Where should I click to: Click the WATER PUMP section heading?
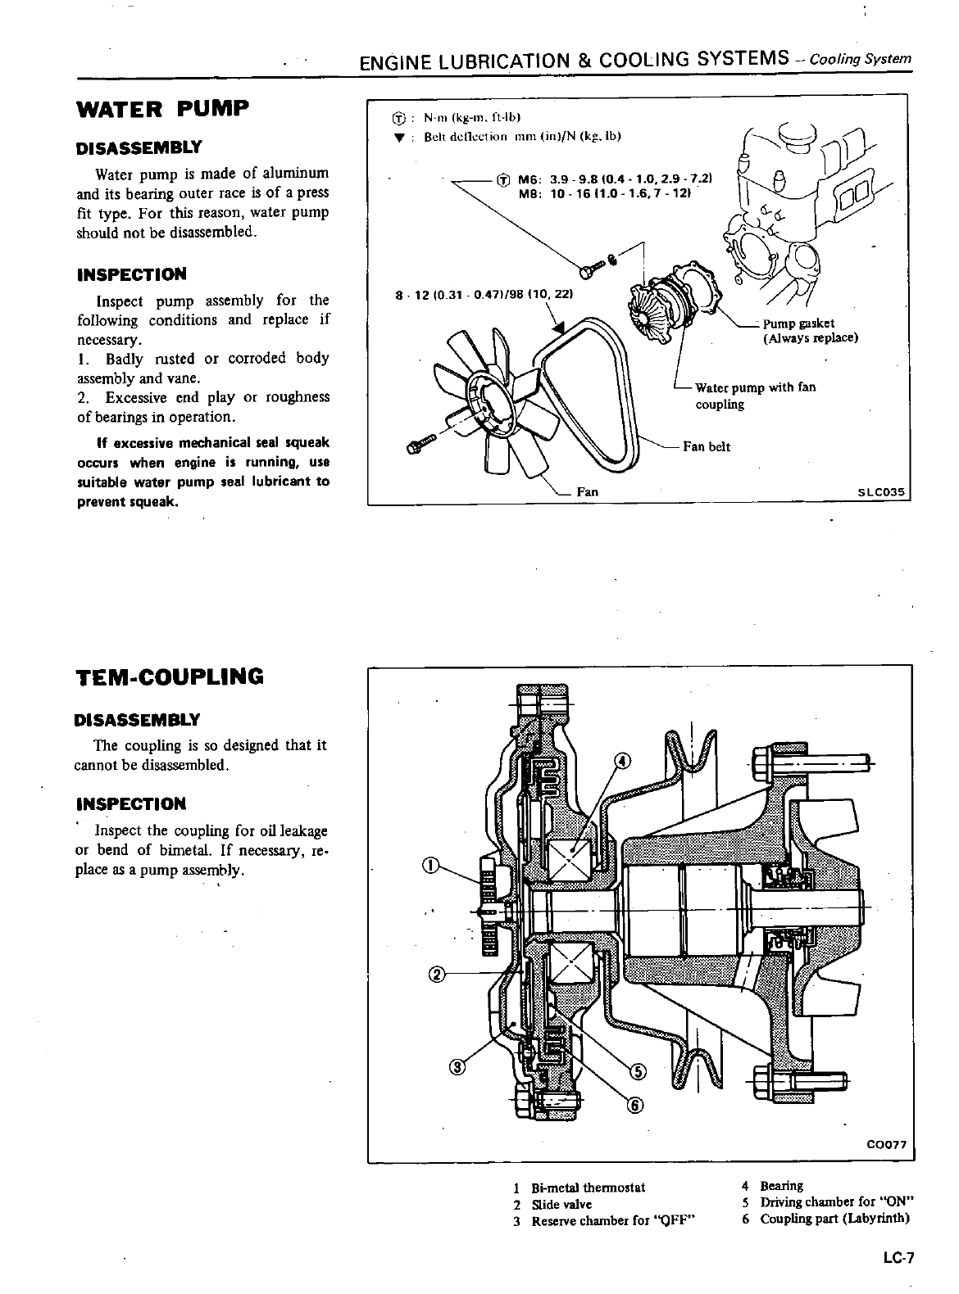161,110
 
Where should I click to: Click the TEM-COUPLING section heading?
170,677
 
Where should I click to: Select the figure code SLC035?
879,493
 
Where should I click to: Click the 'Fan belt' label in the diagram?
707,446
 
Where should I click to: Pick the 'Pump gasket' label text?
798,323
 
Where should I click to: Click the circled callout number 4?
623,762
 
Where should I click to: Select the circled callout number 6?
634,1106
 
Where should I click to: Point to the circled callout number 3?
457,1066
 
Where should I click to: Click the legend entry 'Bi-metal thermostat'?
588,1187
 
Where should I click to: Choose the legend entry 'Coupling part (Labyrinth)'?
834,1218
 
